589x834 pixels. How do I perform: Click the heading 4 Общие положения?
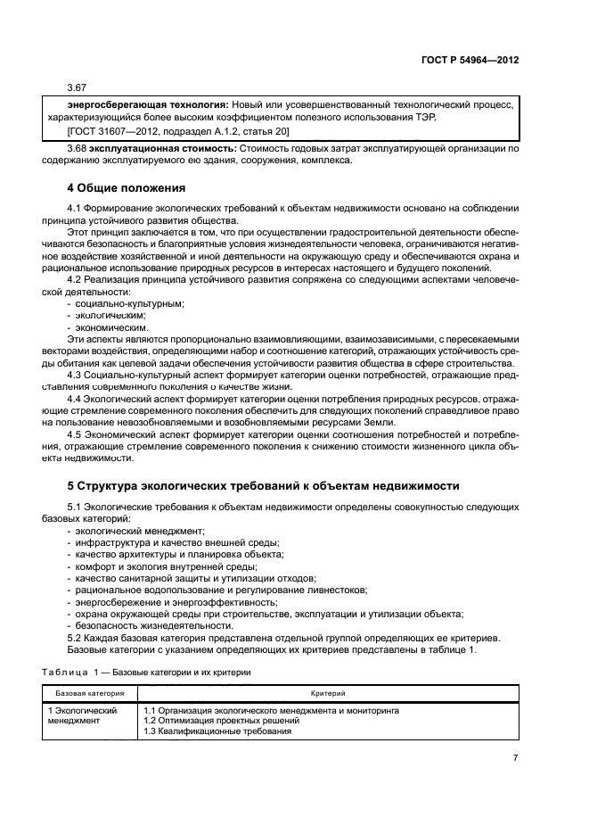pos(127,188)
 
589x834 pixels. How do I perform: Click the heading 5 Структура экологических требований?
pos(263,486)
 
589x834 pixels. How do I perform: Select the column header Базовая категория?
pos(90,692)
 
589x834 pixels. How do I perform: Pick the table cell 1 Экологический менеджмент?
pos(83,715)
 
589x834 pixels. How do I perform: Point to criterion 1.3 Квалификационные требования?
pos(217,731)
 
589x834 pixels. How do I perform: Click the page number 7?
pos(515,757)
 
